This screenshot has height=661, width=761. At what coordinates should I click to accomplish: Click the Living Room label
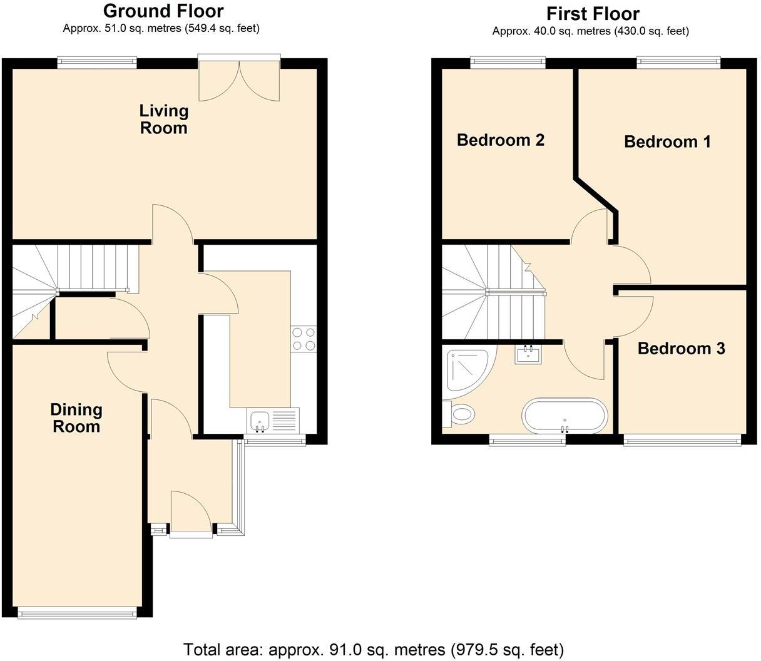click(163, 119)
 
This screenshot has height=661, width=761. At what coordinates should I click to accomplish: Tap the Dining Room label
click(76, 418)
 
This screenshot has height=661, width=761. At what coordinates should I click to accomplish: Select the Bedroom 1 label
click(667, 141)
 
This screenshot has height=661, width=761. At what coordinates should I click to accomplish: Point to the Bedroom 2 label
click(500, 140)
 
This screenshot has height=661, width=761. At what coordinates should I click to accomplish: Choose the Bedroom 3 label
click(681, 349)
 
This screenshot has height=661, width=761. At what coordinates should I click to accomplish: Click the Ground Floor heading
click(163, 11)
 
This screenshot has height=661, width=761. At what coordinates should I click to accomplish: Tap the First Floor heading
click(592, 13)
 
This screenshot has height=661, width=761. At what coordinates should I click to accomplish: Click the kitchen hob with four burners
click(304, 339)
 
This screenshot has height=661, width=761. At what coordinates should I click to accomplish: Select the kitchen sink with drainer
click(274, 420)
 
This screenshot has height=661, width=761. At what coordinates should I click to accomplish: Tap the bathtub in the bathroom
click(564, 415)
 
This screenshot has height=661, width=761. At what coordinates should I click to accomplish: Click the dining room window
click(77, 613)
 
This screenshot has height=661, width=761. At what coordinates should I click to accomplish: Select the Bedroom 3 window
click(682, 441)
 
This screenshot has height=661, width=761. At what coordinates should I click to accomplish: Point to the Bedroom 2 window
click(508, 62)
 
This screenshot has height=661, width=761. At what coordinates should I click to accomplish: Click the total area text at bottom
click(373, 649)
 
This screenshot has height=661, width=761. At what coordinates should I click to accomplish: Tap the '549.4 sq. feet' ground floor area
click(222, 28)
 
